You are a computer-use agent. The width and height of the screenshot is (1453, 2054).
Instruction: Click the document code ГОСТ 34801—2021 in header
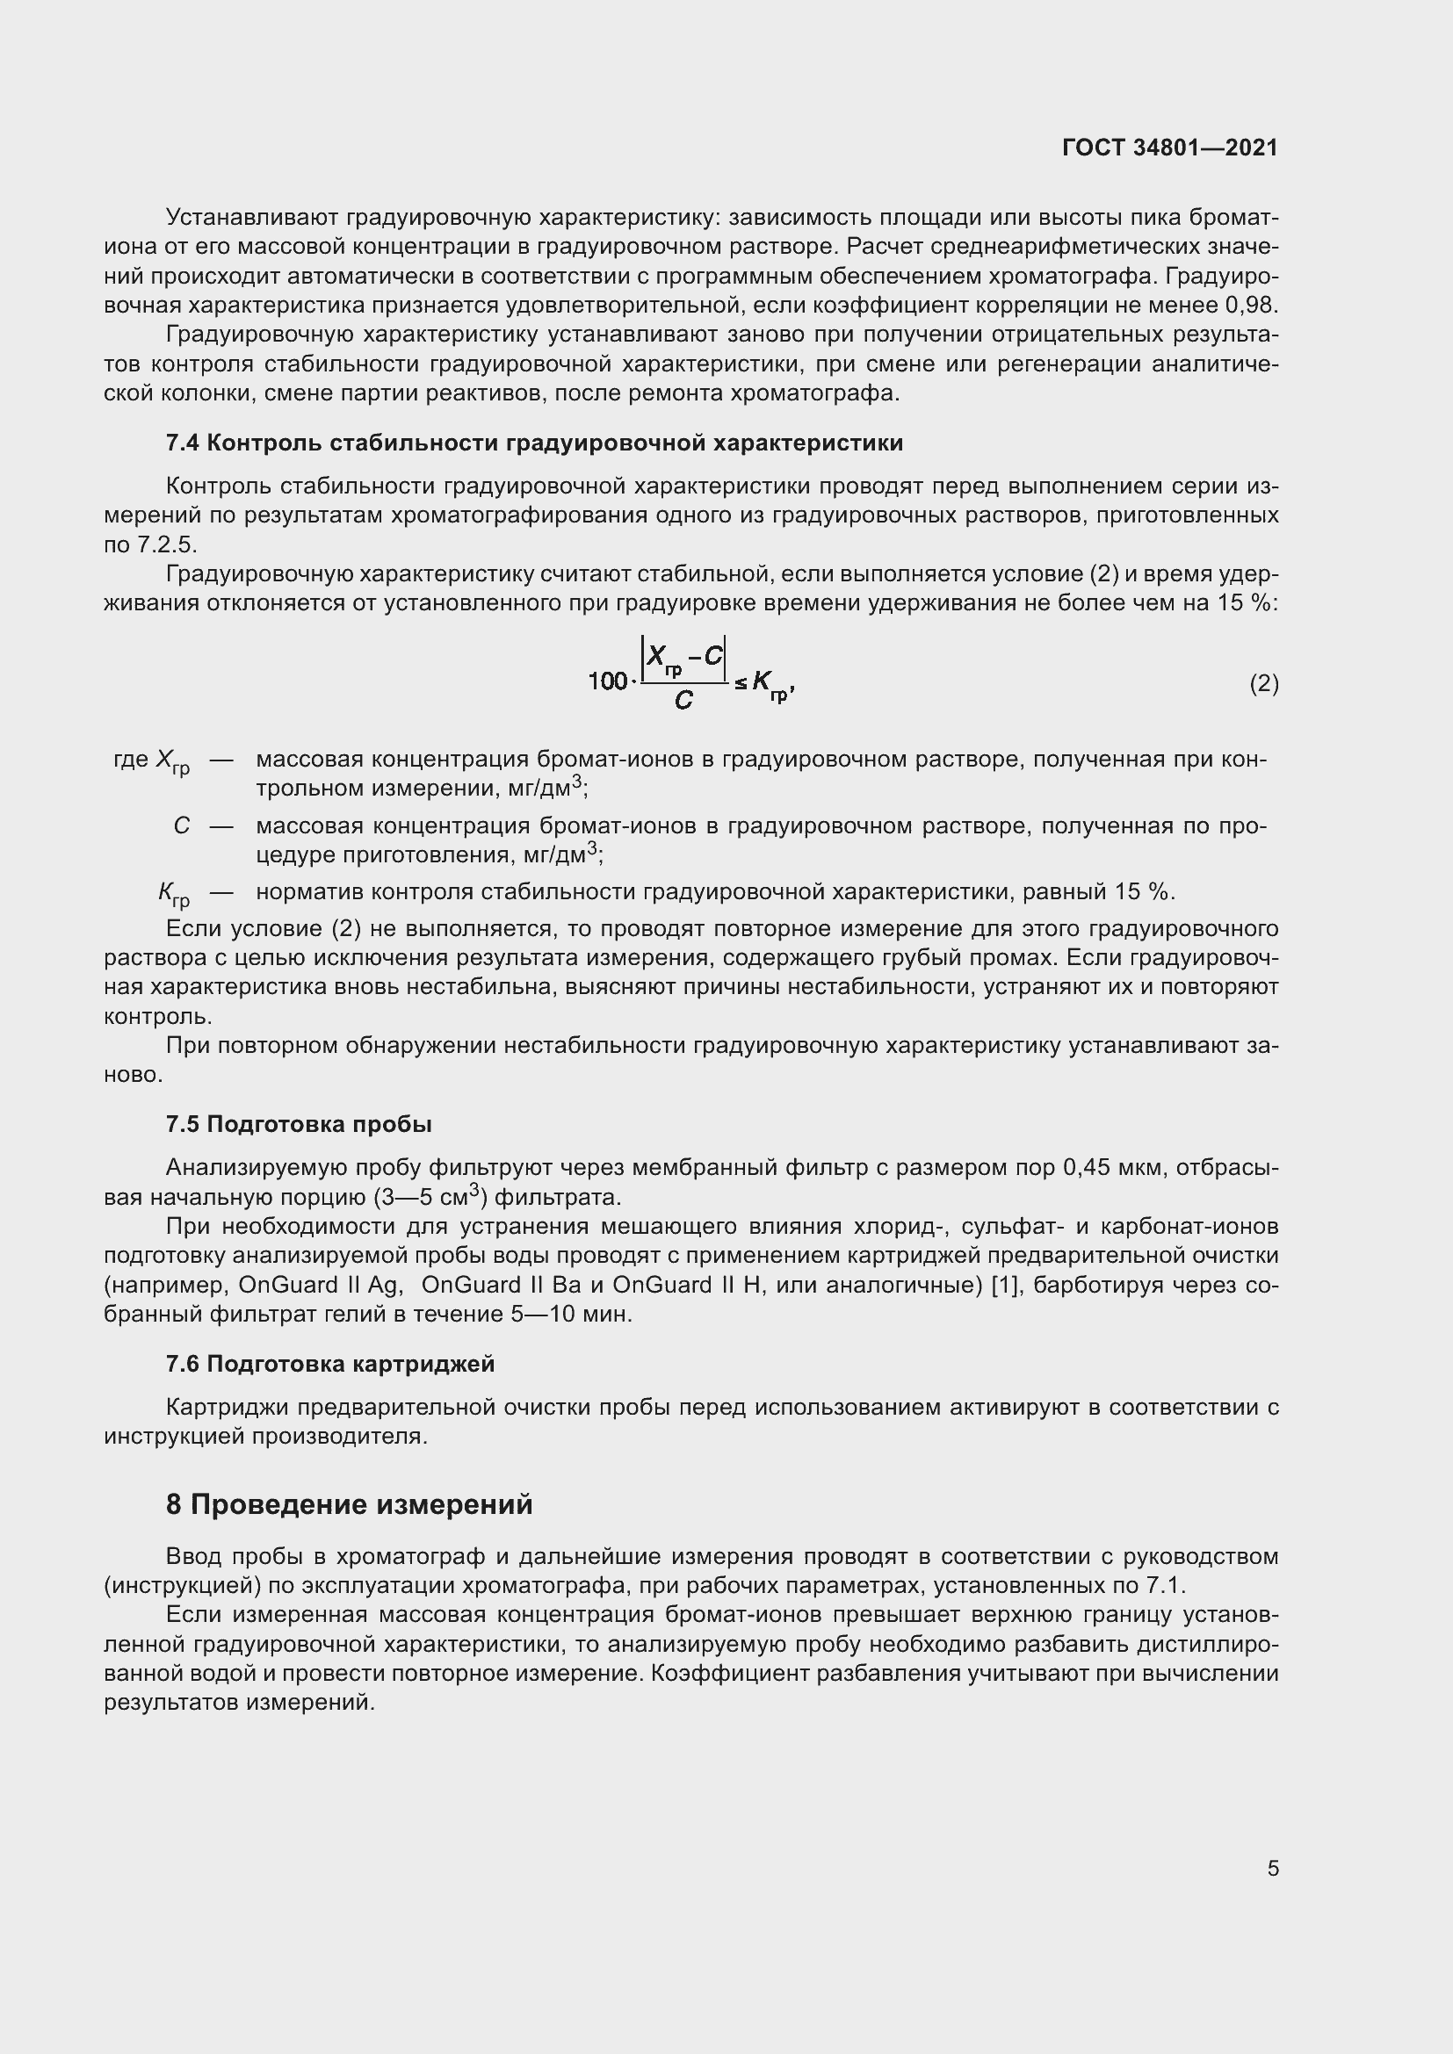click(x=1170, y=148)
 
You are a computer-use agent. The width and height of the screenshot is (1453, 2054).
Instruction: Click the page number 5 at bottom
click(x=1272, y=1868)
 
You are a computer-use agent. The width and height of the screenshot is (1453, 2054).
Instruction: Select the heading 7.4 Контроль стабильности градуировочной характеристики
click(x=534, y=443)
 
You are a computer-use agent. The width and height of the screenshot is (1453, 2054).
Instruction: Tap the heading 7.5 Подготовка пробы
click(x=299, y=1125)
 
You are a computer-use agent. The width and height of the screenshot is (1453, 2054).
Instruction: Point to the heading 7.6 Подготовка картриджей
click(x=330, y=1365)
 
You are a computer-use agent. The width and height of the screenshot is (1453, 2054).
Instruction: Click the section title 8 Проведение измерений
click(x=349, y=1505)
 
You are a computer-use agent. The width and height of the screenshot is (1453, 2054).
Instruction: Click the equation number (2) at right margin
click(x=1263, y=684)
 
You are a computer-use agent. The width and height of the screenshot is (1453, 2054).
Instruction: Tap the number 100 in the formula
click(x=607, y=681)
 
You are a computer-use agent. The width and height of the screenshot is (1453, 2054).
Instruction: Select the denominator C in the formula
click(x=683, y=702)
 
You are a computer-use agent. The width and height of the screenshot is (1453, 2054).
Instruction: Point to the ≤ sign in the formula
click(x=740, y=684)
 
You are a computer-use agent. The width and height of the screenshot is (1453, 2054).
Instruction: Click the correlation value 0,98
click(x=1251, y=305)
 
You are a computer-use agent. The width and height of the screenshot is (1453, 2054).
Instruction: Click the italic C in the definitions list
click(x=181, y=825)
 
